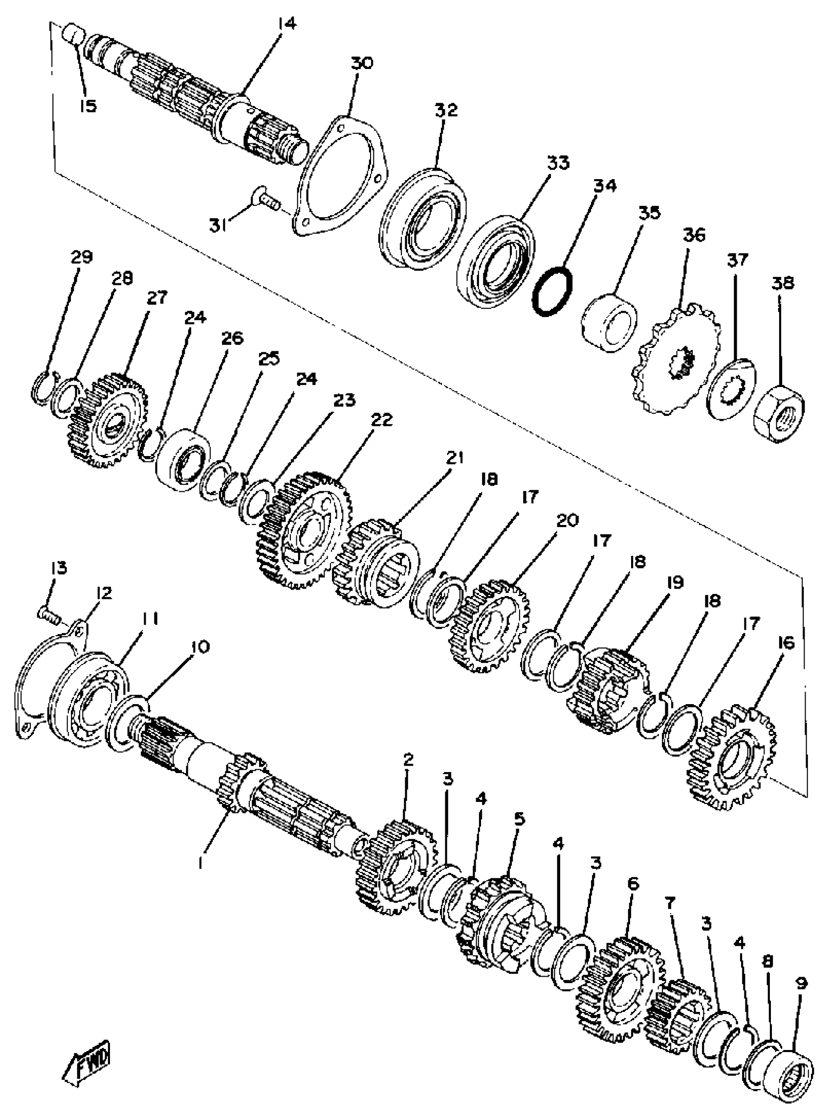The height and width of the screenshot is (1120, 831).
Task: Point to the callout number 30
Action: (x=362, y=64)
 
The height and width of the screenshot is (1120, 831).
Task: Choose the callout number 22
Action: (x=381, y=419)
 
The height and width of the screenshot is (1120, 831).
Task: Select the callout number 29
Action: (x=82, y=257)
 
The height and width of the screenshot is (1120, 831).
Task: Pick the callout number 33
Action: (x=558, y=163)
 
